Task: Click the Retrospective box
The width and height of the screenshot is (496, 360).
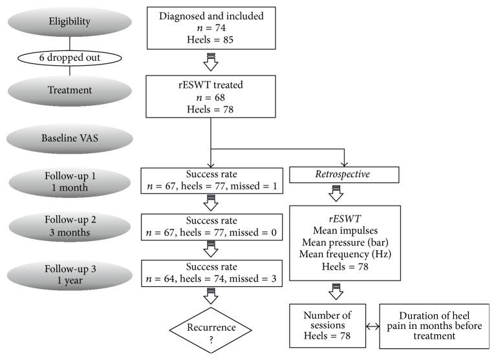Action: tap(343, 175)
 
